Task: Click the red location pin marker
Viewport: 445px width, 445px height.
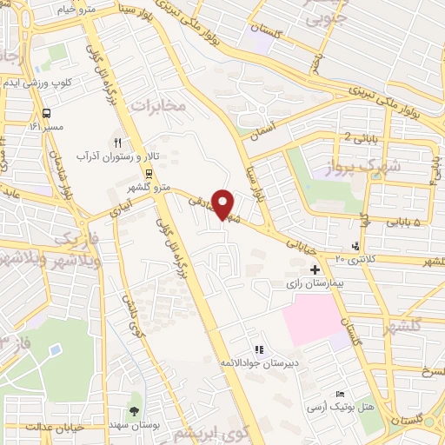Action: [x=222, y=203]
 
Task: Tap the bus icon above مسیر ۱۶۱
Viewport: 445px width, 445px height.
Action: [x=46, y=113]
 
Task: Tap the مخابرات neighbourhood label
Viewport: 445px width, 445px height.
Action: [x=159, y=105]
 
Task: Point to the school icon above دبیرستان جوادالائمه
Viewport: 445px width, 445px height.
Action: [x=257, y=349]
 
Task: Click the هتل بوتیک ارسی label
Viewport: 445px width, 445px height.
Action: [x=339, y=407]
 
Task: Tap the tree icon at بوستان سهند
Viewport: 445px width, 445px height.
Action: [x=135, y=409]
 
